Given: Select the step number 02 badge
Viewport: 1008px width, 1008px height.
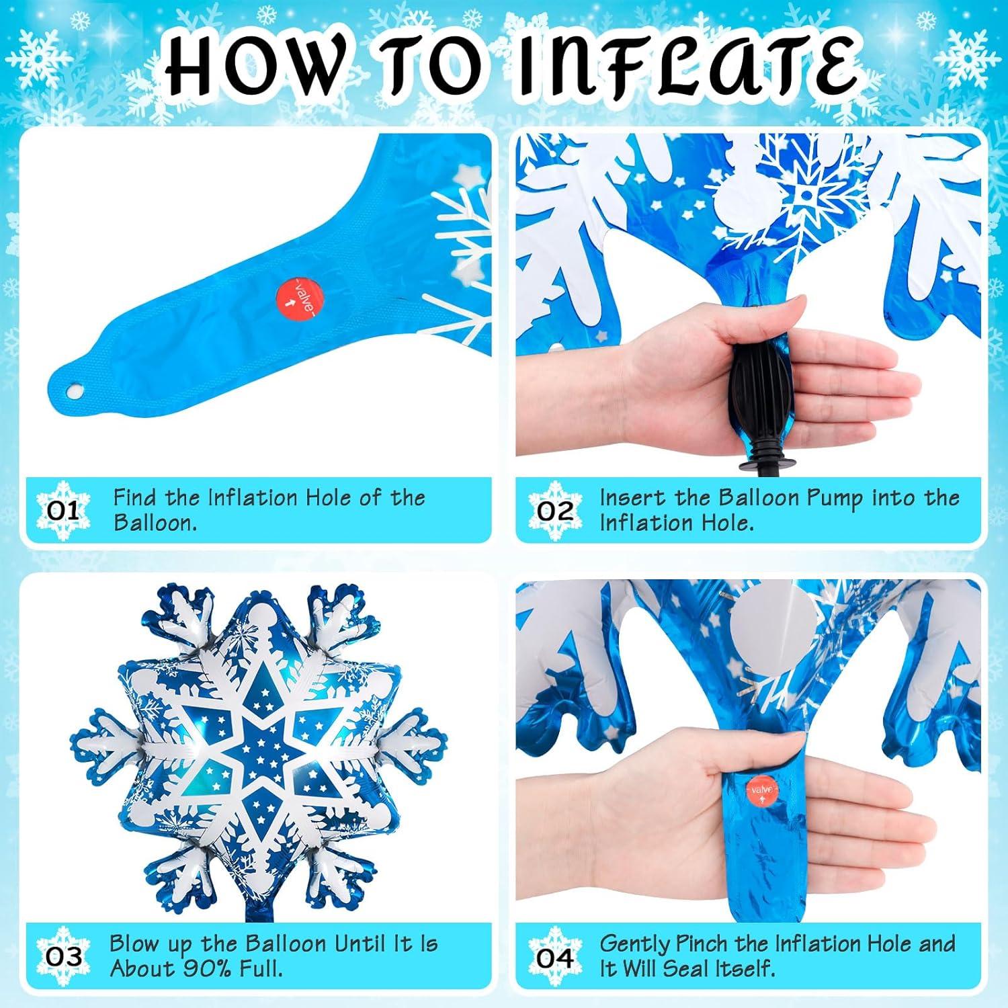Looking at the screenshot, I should coord(555,510).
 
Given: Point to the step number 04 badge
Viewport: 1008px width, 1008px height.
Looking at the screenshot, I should coord(555,956).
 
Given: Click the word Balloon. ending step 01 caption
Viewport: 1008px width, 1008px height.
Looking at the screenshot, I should coord(155,523).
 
